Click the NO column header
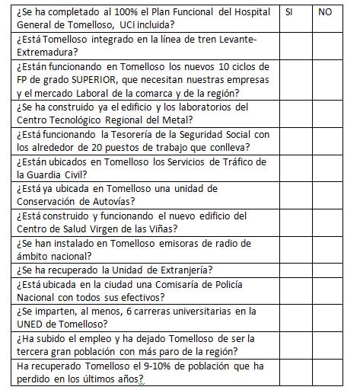tap(325, 13)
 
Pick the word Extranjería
tap(183, 269)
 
